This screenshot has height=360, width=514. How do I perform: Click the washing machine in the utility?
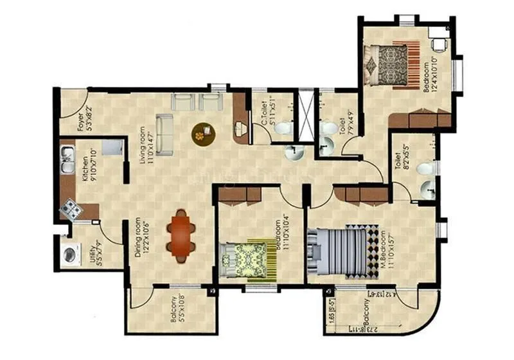tap(69, 250)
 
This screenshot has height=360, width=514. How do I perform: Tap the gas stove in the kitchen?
tap(69, 208)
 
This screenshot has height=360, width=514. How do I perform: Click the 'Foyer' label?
tap(81, 121)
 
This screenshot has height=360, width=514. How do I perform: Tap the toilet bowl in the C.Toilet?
tap(281, 128)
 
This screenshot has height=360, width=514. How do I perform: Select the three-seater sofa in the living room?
tap(164, 134)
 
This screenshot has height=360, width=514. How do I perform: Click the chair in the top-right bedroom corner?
tap(439, 44)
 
